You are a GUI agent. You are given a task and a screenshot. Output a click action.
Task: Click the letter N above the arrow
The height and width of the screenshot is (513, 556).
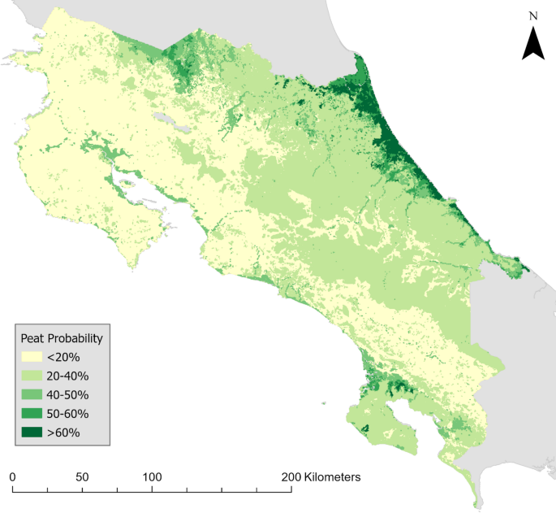pos(532,15)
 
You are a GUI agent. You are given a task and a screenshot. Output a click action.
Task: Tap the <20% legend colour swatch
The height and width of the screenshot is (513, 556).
pos(34,357)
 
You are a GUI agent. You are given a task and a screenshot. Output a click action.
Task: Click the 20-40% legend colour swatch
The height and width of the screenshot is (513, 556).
pos(34,376)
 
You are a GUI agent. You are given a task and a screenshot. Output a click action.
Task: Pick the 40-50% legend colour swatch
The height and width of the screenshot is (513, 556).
pos(34,394)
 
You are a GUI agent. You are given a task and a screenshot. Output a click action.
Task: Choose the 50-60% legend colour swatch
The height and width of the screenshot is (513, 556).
pos(34,413)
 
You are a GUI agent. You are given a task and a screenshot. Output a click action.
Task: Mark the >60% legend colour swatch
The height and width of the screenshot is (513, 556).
pos(34,432)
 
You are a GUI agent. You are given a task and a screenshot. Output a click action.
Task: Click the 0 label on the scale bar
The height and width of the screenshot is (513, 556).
pos(12,476)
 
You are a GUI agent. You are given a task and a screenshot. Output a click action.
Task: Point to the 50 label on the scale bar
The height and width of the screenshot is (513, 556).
pos(82,476)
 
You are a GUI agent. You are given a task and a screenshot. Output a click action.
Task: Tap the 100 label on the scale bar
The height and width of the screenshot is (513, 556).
pos(152,476)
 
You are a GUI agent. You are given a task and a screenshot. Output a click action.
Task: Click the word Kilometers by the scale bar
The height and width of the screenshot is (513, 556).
pos(333,476)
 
